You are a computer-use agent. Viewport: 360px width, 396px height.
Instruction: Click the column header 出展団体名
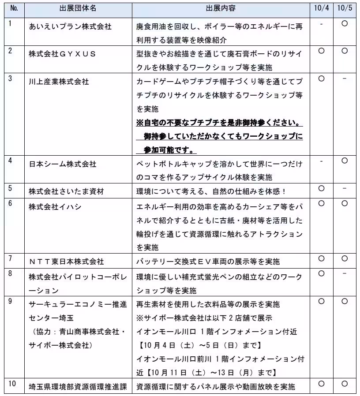coord(77,8)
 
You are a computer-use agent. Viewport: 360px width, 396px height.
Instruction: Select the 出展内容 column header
coord(220,8)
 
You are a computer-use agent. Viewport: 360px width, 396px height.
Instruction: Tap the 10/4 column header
coord(321,8)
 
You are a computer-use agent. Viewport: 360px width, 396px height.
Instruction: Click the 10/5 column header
coord(345,8)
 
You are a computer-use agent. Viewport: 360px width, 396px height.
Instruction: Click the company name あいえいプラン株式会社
coord(70,26)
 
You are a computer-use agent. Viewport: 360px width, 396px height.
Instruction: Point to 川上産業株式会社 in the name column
coord(59,82)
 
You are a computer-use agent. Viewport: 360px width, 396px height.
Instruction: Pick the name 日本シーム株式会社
coord(62,164)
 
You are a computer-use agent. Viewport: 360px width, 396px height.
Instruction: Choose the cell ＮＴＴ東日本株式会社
coord(66,261)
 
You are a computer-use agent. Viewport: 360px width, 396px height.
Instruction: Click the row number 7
coord(10,258)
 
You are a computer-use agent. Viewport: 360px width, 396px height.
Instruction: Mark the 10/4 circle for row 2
coord(321,51)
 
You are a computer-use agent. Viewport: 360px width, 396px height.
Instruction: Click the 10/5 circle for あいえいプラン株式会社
coord(345,23)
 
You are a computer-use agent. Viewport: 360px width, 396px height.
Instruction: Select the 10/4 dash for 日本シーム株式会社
coord(321,161)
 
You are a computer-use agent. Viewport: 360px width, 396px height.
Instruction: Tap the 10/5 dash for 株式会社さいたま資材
coord(345,189)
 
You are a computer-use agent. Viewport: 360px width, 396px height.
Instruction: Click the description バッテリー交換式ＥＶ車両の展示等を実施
coord(208,261)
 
